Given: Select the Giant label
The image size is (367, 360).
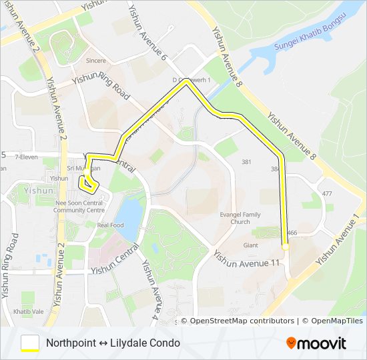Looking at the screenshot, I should pos(250,245).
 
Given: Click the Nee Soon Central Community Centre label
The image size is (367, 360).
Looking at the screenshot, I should pos(79,207).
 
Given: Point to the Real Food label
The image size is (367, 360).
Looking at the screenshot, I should pos(110,225).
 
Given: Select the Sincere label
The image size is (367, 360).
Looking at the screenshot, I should pos(96,60).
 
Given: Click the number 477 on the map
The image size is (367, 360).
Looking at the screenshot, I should pos(326,193).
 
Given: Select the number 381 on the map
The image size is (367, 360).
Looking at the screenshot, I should pos(247,162).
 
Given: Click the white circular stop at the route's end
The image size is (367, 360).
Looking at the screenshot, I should pos(286,247).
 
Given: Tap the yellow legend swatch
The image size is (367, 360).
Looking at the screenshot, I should pos(30,343).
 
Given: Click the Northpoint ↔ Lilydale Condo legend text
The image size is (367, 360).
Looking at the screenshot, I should pos(113,343).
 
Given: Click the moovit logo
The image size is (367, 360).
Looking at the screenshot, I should pos(316,343).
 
